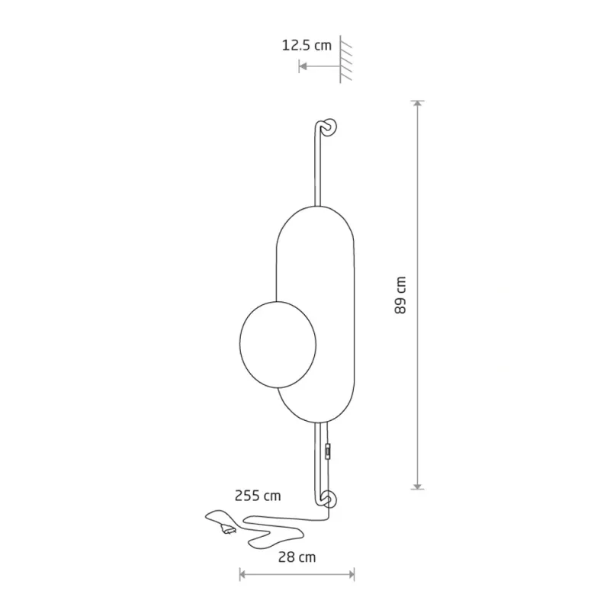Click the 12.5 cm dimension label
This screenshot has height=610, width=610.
tap(307, 46)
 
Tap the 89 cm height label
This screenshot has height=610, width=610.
tap(400, 295)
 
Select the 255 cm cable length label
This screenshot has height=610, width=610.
tap(258, 496)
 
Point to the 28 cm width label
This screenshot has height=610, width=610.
tap(297, 557)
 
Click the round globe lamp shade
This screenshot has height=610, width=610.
tap(278, 345)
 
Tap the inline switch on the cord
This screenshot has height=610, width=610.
tap(329, 451)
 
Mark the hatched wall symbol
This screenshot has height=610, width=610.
tap(345, 59)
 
